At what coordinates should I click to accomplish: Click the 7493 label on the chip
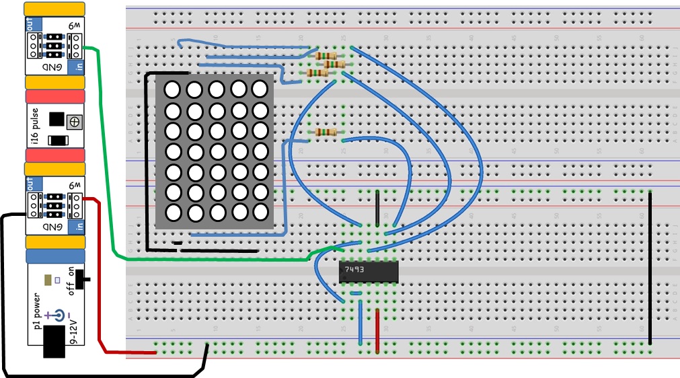[x=354, y=270]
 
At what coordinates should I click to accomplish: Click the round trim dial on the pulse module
[x=75, y=121]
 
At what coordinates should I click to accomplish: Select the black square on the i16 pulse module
[x=57, y=120]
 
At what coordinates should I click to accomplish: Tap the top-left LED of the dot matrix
[x=172, y=89]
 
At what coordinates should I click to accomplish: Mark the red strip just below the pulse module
[x=55, y=155]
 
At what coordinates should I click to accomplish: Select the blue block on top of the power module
[x=55, y=256]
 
